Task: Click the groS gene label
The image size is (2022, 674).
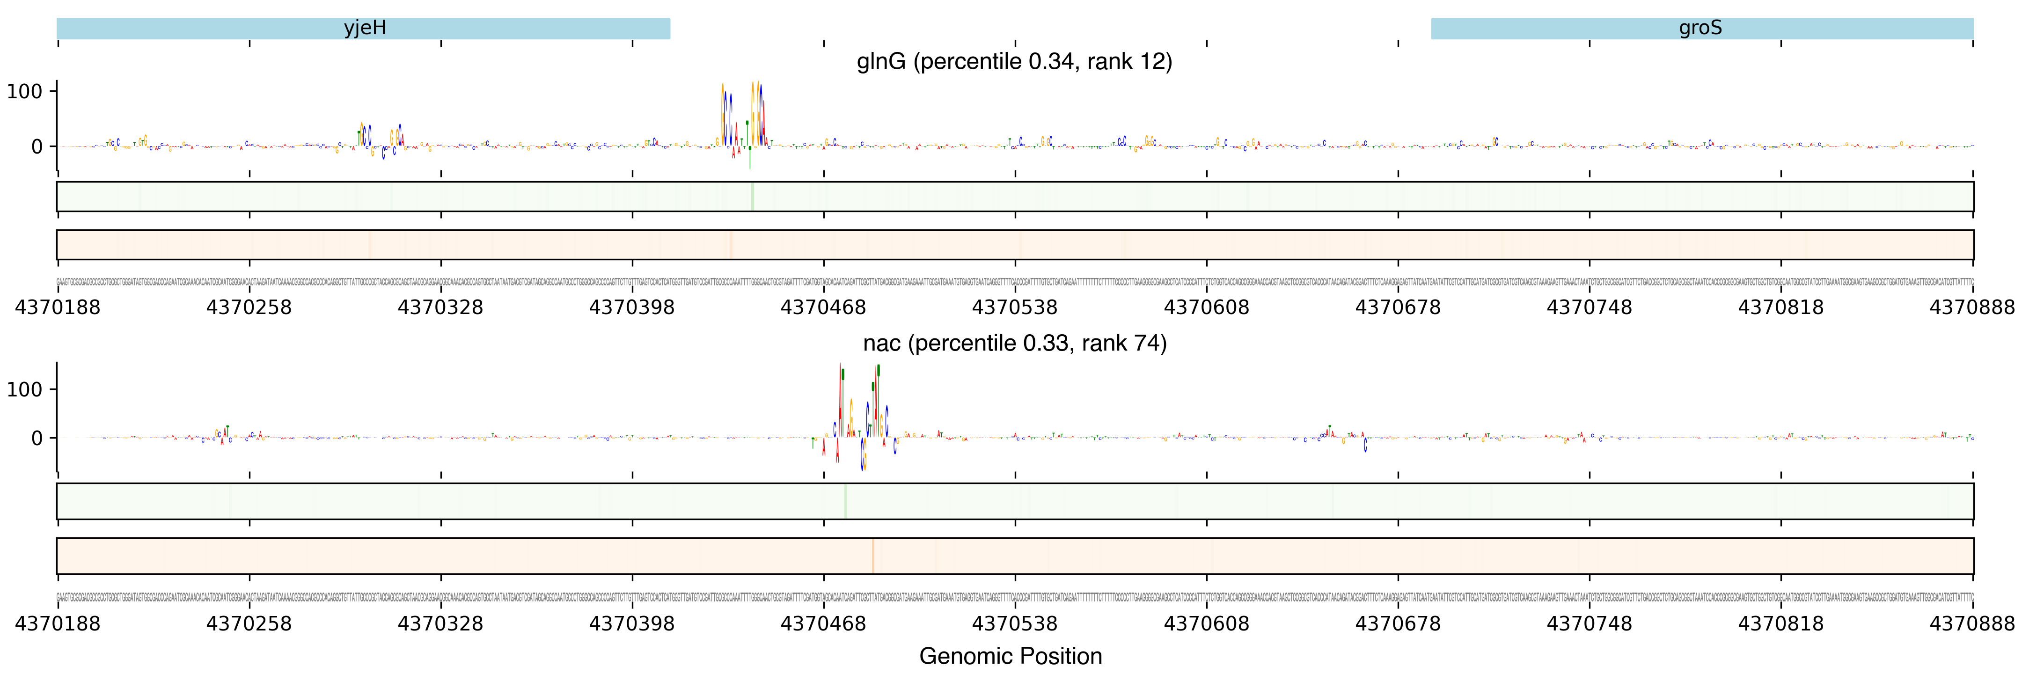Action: tap(1700, 28)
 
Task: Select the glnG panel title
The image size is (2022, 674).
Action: tap(1014, 61)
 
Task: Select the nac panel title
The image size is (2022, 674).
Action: tap(1014, 343)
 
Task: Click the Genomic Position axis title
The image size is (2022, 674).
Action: tap(1010, 656)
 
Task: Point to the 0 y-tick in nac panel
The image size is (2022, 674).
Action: tap(37, 438)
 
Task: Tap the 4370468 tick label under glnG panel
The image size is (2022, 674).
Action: tap(823, 308)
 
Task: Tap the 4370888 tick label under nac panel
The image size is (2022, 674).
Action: tap(1972, 624)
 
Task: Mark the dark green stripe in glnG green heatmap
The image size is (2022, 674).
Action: tap(752, 196)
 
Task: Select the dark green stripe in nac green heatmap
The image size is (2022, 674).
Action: tap(845, 501)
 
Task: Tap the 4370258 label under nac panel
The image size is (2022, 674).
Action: tap(249, 624)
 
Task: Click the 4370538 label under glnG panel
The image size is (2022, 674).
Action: tap(1014, 308)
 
